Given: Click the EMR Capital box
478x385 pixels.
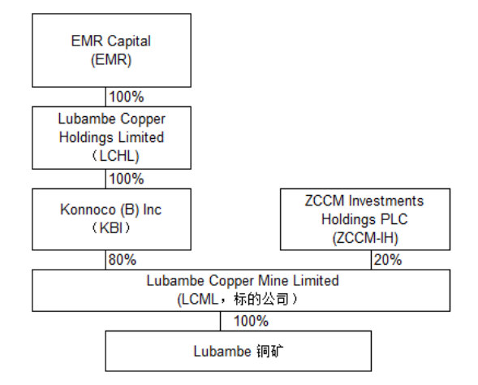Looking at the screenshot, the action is pyautogui.click(x=111, y=50).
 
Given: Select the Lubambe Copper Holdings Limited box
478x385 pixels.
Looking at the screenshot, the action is pyautogui.click(x=111, y=138).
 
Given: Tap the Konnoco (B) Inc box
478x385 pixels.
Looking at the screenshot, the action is pyautogui.click(x=111, y=219).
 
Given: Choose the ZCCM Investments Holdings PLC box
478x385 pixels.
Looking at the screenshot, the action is pyautogui.click(x=365, y=219).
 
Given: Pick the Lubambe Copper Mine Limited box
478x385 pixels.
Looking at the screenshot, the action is pyautogui.click(x=241, y=291).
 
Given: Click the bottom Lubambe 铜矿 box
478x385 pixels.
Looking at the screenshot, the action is pyautogui.click(x=239, y=351).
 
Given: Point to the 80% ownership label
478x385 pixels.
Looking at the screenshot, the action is pyautogui.click(x=123, y=260).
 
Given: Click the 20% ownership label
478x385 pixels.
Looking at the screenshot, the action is pyautogui.click(x=388, y=260).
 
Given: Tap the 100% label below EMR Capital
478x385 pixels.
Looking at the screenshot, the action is pyautogui.click(x=127, y=97).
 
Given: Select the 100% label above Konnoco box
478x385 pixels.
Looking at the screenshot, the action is pyautogui.click(x=127, y=179).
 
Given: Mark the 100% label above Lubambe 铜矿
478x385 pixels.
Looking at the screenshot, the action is pyautogui.click(x=252, y=322).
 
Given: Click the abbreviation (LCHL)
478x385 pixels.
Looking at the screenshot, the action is pyautogui.click(x=115, y=156).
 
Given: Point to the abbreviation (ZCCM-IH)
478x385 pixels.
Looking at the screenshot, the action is pyautogui.click(x=365, y=238).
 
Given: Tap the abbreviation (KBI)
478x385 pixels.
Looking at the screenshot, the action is pyautogui.click(x=110, y=228).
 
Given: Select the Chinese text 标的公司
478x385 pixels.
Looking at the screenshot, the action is pyautogui.click(x=261, y=299).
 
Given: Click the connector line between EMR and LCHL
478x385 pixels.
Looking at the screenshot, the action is pyautogui.click(x=106, y=97).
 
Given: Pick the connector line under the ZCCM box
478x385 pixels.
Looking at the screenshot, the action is pyautogui.click(x=372, y=260).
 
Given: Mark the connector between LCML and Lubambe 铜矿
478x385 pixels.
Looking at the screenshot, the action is pyautogui.click(x=221, y=322).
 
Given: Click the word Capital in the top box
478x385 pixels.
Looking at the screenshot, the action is pyautogui.click(x=129, y=41).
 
